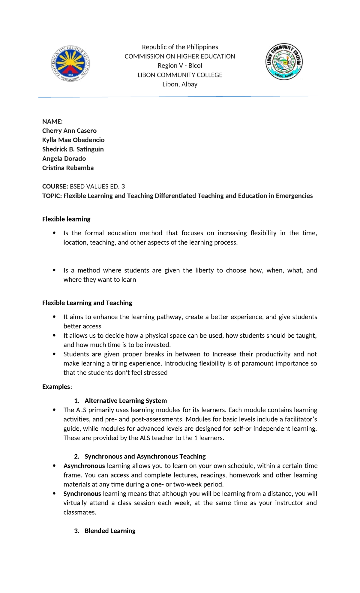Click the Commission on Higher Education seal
coord(70,64)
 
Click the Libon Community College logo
coord(284,62)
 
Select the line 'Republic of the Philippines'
coord(180,47)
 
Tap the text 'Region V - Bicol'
coord(180,66)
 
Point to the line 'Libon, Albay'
coord(180,84)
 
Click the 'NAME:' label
coord(52,122)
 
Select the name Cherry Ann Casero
coord(69,131)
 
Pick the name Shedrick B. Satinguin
coord(73,149)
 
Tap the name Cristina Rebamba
coord(68,168)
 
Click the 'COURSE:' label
coord(55,187)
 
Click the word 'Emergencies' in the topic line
coord(294,196)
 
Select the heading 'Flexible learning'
coord(66,219)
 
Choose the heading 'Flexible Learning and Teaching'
coord(87,303)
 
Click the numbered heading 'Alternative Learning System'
coord(125,401)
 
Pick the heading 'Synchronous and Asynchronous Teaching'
coord(145,457)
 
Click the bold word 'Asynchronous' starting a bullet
coord(84,466)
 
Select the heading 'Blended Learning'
coord(110,531)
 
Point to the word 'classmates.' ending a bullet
coord(80,513)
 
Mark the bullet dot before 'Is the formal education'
coord(54,233)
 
